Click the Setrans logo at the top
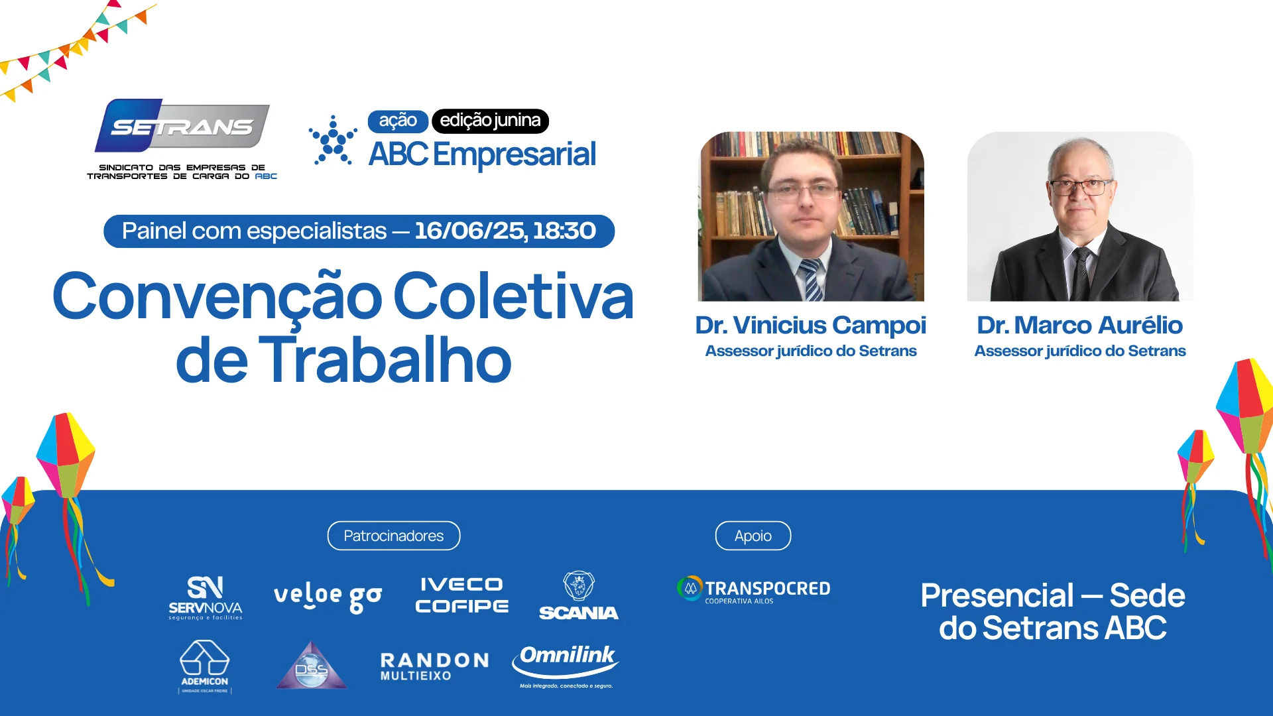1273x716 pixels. click(x=182, y=139)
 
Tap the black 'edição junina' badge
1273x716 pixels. click(x=490, y=121)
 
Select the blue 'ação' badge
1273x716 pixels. click(x=398, y=121)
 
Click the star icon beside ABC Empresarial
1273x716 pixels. click(x=333, y=140)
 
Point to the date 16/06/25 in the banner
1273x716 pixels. click(x=470, y=231)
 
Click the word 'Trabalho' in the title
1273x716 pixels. click(x=389, y=361)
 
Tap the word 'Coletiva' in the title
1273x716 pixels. click(x=514, y=296)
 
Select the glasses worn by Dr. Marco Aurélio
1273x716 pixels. click(x=1081, y=187)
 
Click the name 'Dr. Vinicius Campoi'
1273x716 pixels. click(x=810, y=325)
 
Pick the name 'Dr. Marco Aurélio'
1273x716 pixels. click(x=1079, y=325)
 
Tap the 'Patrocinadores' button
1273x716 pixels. click(x=394, y=536)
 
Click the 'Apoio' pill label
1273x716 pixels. click(x=753, y=536)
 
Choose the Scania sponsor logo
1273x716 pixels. click(x=579, y=595)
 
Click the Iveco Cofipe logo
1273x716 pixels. click(x=462, y=595)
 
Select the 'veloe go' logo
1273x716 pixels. click(x=328, y=597)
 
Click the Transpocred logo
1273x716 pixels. click(x=754, y=589)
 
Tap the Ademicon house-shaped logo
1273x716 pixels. click(x=205, y=667)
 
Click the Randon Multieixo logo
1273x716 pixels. click(x=435, y=666)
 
